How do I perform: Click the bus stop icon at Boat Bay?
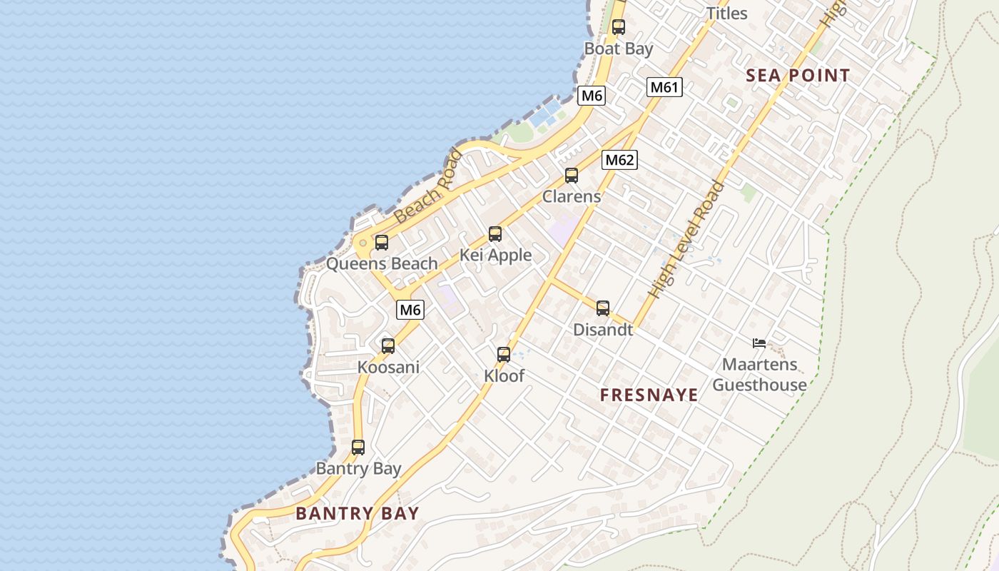pyautogui.click(x=618, y=27)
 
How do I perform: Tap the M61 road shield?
pyautogui.click(x=664, y=87)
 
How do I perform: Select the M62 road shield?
pyautogui.click(x=619, y=160)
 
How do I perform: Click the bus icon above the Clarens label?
pyautogui.click(x=571, y=176)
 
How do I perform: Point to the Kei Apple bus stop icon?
pyautogui.click(x=495, y=234)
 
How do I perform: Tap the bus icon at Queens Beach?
pyautogui.click(x=382, y=243)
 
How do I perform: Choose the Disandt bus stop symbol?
pyautogui.click(x=603, y=308)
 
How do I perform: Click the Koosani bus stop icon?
pyautogui.click(x=387, y=346)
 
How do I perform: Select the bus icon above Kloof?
pyautogui.click(x=504, y=355)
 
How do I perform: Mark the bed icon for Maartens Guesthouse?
pyautogui.click(x=759, y=343)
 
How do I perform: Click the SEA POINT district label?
pyautogui.click(x=798, y=76)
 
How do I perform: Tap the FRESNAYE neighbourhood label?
pyautogui.click(x=649, y=395)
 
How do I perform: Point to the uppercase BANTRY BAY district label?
pyautogui.click(x=357, y=513)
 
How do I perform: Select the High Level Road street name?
pyautogui.click(x=686, y=240)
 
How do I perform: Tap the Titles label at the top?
pyautogui.click(x=726, y=14)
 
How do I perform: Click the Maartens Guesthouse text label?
pyautogui.click(x=759, y=375)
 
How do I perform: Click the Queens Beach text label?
pyautogui.click(x=382, y=263)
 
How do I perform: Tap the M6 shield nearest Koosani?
pyautogui.click(x=410, y=310)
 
